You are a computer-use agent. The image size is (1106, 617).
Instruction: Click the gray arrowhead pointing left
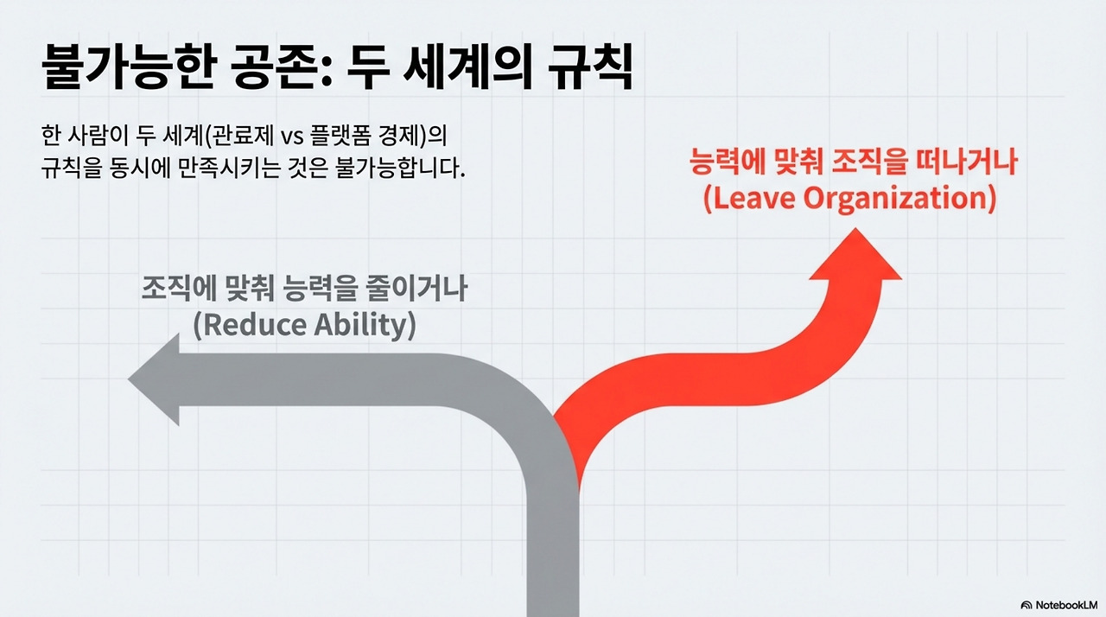click(x=156, y=380)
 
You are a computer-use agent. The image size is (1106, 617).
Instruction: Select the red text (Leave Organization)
click(x=849, y=199)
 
